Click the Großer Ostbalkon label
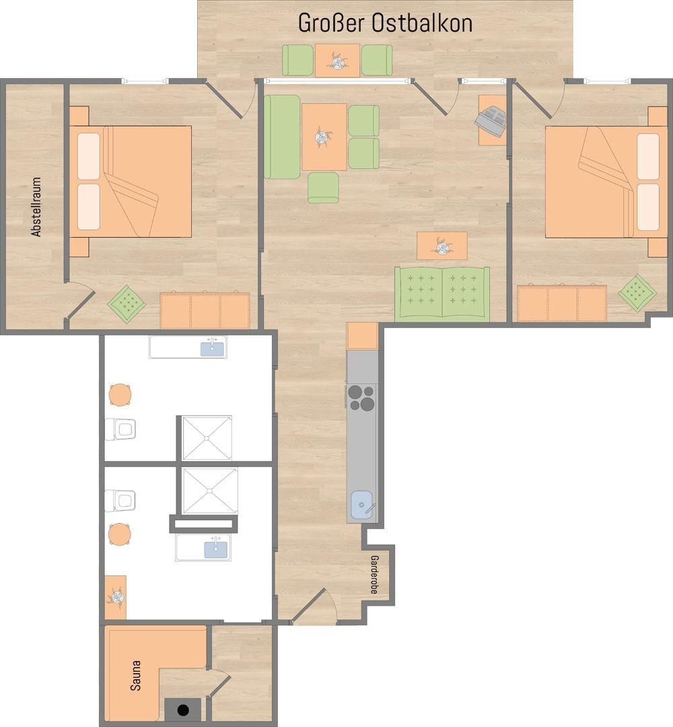pos(385,23)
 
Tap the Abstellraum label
pos(36,207)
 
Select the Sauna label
pos(135,676)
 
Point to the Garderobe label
pos(374,575)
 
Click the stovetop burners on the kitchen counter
pos(361,398)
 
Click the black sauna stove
pos(183,710)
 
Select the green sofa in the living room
pos(442,293)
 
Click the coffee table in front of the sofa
pos(441,246)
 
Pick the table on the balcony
pos(337,61)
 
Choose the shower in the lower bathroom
pos(210,491)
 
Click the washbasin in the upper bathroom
pos(188,347)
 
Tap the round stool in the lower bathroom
pos(120,534)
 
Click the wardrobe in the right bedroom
pos(562,303)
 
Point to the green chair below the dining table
pos(323,187)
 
